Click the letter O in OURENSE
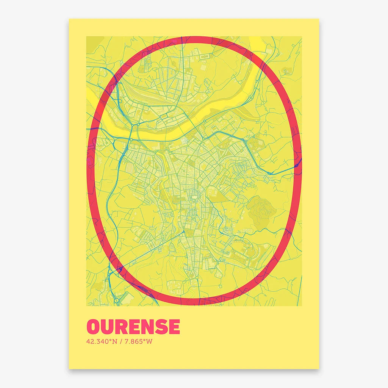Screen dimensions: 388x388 pyautogui.click(x=94, y=327)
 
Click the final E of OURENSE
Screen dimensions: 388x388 pyautogui.click(x=173, y=327)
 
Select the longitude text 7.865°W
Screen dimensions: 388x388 pyautogui.click(x=138, y=341)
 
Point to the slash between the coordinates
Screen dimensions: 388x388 pyautogui.click(x=121, y=341)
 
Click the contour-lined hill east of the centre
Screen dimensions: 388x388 pyautogui.click(x=260, y=208)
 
